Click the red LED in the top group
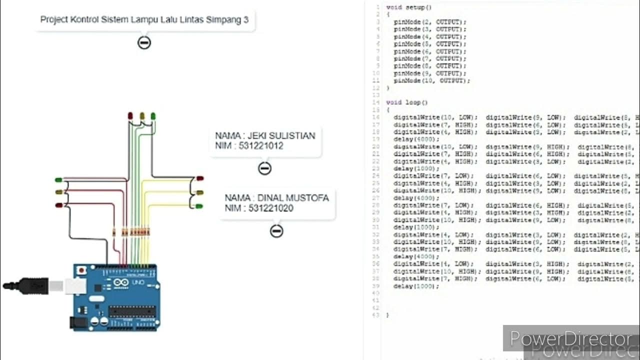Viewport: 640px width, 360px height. [x=130, y=116]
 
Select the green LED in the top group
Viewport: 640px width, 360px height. [x=153, y=116]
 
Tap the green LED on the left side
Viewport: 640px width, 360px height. [x=58, y=179]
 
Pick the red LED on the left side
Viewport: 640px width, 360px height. [x=58, y=205]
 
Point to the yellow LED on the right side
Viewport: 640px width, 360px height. [x=200, y=192]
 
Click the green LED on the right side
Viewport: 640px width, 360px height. [x=200, y=206]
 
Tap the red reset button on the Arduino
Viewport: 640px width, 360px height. [x=81, y=270]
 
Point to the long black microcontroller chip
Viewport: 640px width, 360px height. [x=131, y=311]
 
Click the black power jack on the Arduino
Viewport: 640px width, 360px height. [x=76, y=322]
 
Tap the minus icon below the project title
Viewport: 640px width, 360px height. [x=144, y=42]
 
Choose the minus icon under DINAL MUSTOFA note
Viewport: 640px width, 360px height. [x=276, y=230]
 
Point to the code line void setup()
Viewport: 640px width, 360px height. [x=408, y=7]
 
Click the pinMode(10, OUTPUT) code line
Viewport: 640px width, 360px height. [x=431, y=80]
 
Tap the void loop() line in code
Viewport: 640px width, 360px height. [x=406, y=102]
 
